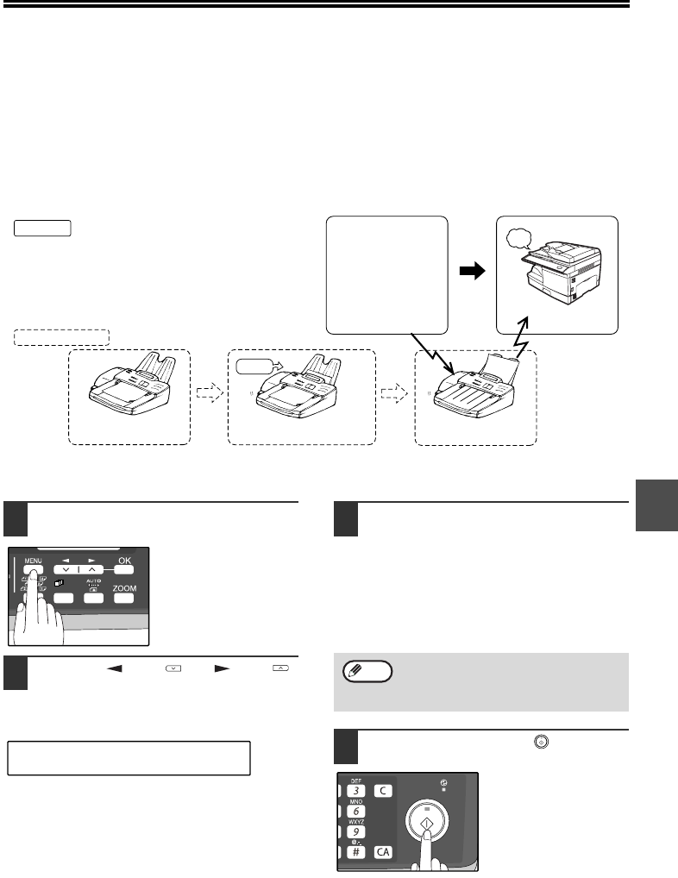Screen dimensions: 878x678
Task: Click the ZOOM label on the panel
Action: (125, 588)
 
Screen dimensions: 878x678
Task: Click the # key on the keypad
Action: (354, 852)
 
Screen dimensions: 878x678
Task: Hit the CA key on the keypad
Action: (384, 852)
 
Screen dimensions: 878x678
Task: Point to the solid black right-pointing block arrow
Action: (472, 270)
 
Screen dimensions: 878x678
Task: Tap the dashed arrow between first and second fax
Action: (209, 393)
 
